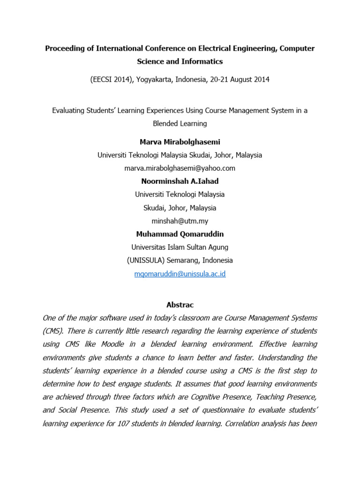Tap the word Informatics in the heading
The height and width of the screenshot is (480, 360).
tap(202, 61)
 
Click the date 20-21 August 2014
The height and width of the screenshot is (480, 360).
tap(239, 80)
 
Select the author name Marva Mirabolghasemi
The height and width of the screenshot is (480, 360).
tap(180, 142)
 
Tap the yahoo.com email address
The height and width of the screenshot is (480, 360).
tap(180, 168)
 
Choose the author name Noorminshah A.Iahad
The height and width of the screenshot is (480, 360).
tap(180, 181)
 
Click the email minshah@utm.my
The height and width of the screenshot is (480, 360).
tap(180, 221)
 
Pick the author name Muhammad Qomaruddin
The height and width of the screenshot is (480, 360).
tap(180, 234)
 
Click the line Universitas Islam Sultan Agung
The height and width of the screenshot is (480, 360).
tap(180, 247)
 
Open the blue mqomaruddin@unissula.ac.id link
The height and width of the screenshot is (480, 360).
tap(180, 274)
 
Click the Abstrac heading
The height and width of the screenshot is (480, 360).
tap(180, 305)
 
